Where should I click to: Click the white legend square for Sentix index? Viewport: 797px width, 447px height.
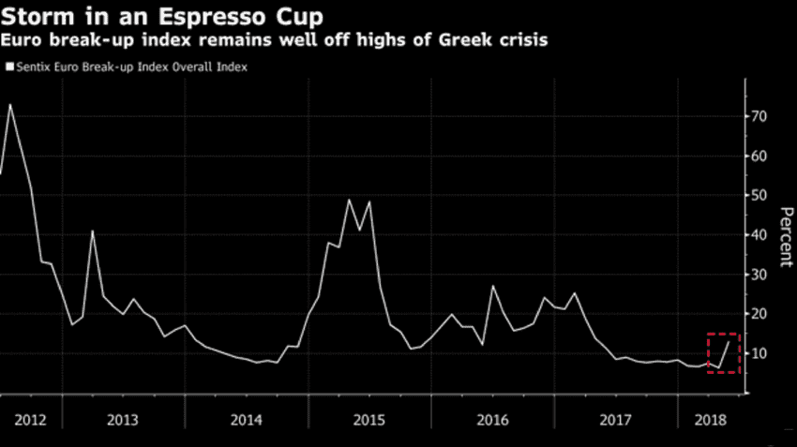9,67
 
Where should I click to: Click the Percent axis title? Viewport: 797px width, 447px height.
785,234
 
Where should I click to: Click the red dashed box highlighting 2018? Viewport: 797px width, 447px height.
723,352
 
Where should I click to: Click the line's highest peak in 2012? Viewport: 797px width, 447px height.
9,104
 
